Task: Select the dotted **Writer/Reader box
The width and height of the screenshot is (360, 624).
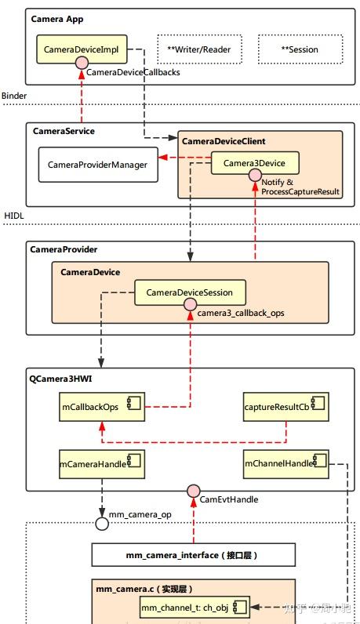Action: (198, 49)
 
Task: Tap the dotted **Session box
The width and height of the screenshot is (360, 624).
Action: (299, 49)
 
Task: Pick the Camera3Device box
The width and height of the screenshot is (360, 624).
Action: (254, 163)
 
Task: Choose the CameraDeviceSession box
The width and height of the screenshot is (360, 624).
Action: (189, 293)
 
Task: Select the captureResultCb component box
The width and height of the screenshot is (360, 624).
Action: (284, 407)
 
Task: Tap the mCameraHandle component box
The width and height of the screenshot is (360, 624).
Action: (102, 464)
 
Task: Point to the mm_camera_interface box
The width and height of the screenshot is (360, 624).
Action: (193, 555)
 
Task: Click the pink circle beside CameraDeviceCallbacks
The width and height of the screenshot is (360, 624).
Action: (81, 71)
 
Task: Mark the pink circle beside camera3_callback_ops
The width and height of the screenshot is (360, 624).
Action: (190, 312)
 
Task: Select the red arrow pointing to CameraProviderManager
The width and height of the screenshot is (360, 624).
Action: (177, 159)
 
